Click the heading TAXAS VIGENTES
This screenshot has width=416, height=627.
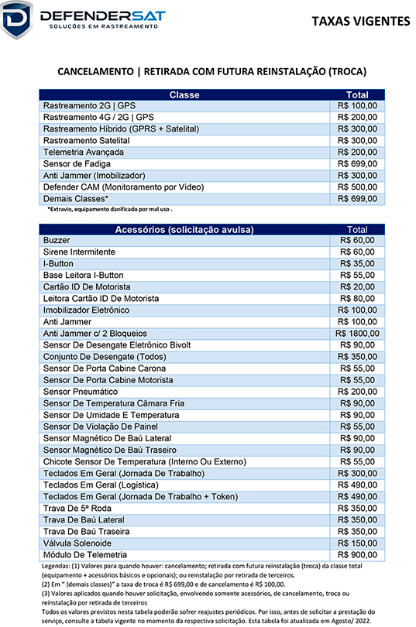coord(360,21)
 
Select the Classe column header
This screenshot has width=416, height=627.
coord(184,95)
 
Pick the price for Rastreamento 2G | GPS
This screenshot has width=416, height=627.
coord(358,105)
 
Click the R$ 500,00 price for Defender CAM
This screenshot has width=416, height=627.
coord(358,187)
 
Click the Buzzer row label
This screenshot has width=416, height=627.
coord(57,241)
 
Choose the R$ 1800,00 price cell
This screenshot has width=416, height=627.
coord(358,333)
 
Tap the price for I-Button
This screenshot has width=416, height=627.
coord(358,264)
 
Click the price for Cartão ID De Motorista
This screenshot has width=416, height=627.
coord(358,287)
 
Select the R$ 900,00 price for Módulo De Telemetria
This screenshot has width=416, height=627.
coord(358,555)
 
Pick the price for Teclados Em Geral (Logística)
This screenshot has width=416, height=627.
coord(358,485)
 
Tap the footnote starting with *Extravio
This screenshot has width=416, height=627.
coord(109,209)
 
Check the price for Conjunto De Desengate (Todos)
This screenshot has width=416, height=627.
coord(358,356)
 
